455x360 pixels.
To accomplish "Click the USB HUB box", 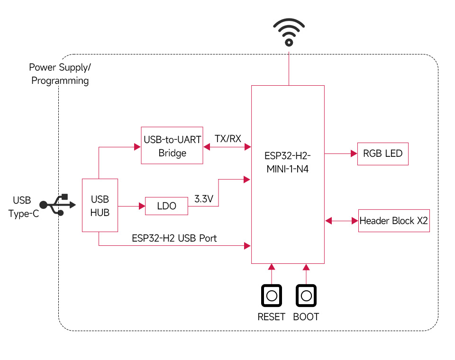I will [x=100, y=205].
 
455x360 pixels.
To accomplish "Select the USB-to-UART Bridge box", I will [x=172, y=145].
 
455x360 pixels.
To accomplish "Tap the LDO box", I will [x=166, y=206].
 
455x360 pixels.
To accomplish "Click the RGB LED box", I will [x=382, y=153].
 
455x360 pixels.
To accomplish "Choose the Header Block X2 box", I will [x=394, y=221].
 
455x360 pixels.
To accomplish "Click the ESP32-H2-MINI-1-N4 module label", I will [x=287, y=162].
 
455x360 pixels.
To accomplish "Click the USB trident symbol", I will [x=58, y=205].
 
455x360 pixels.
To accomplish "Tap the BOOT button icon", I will [x=306, y=296].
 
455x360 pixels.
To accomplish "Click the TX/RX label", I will [x=228, y=139].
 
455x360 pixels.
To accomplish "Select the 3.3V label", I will [x=204, y=199].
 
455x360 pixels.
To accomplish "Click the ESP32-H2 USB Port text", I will [x=174, y=238].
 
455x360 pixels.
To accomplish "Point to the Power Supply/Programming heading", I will [x=60, y=74].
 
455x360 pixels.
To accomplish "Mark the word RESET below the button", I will [x=271, y=317].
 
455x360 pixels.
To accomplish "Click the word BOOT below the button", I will [x=306, y=317].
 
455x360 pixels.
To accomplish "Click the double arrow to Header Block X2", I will [x=341, y=221].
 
